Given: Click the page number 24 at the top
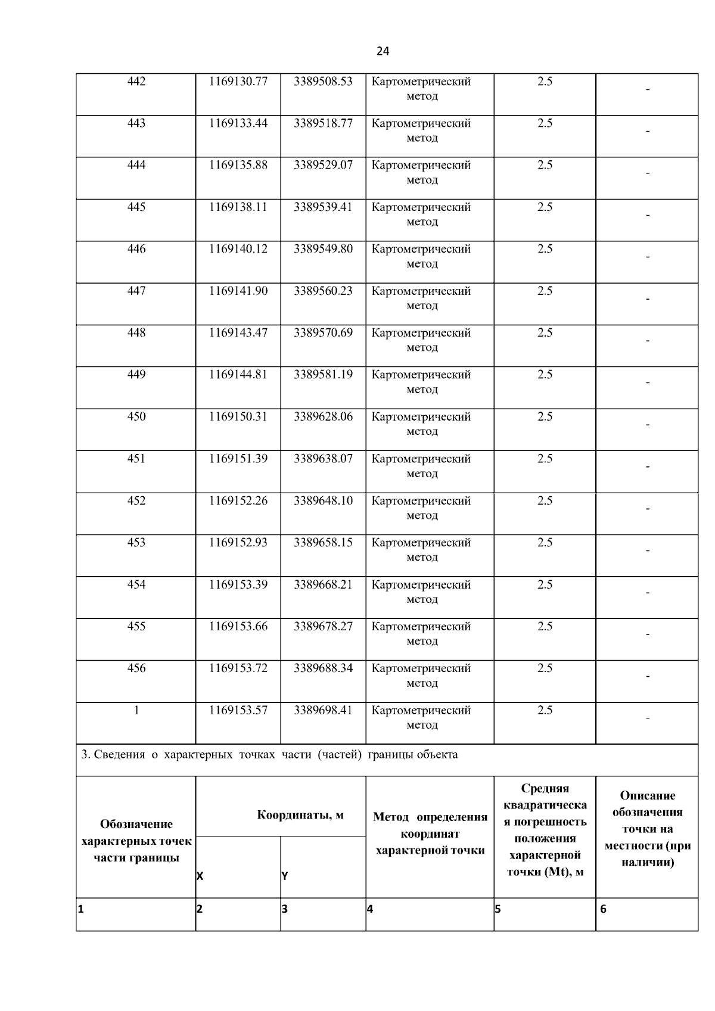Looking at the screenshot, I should (x=383, y=51).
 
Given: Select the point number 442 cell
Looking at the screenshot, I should (x=136, y=82).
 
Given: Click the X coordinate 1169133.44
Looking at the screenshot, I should (x=238, y=123).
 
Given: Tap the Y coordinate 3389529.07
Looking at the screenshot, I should (x=323, y=165).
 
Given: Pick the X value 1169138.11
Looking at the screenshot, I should (x=238, y=207).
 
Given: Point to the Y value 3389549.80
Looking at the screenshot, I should (x=323, y=249).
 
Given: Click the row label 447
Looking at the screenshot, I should (x=136, y=291).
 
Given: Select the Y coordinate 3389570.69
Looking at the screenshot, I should (x=323, y=332).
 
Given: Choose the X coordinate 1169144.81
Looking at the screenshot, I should (x=238, y=375).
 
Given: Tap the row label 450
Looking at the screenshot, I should (x=136, y=416).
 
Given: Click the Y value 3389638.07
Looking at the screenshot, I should (x=323, y=459).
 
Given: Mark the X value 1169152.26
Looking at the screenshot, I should (x=238, y=500).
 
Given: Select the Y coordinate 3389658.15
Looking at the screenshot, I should (x=323, y=543).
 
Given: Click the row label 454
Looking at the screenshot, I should (x=136, y=584).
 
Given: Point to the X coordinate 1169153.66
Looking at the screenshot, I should (x=238, y=626).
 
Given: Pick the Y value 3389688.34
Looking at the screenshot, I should (x=323, y=668).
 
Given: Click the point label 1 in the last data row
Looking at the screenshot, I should (x=136, y=710).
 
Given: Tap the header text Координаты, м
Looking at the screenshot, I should (x=300, y=815).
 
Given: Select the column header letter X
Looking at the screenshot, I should (x=200, y=876).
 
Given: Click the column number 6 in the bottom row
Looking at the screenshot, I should (x=603, y=909).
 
